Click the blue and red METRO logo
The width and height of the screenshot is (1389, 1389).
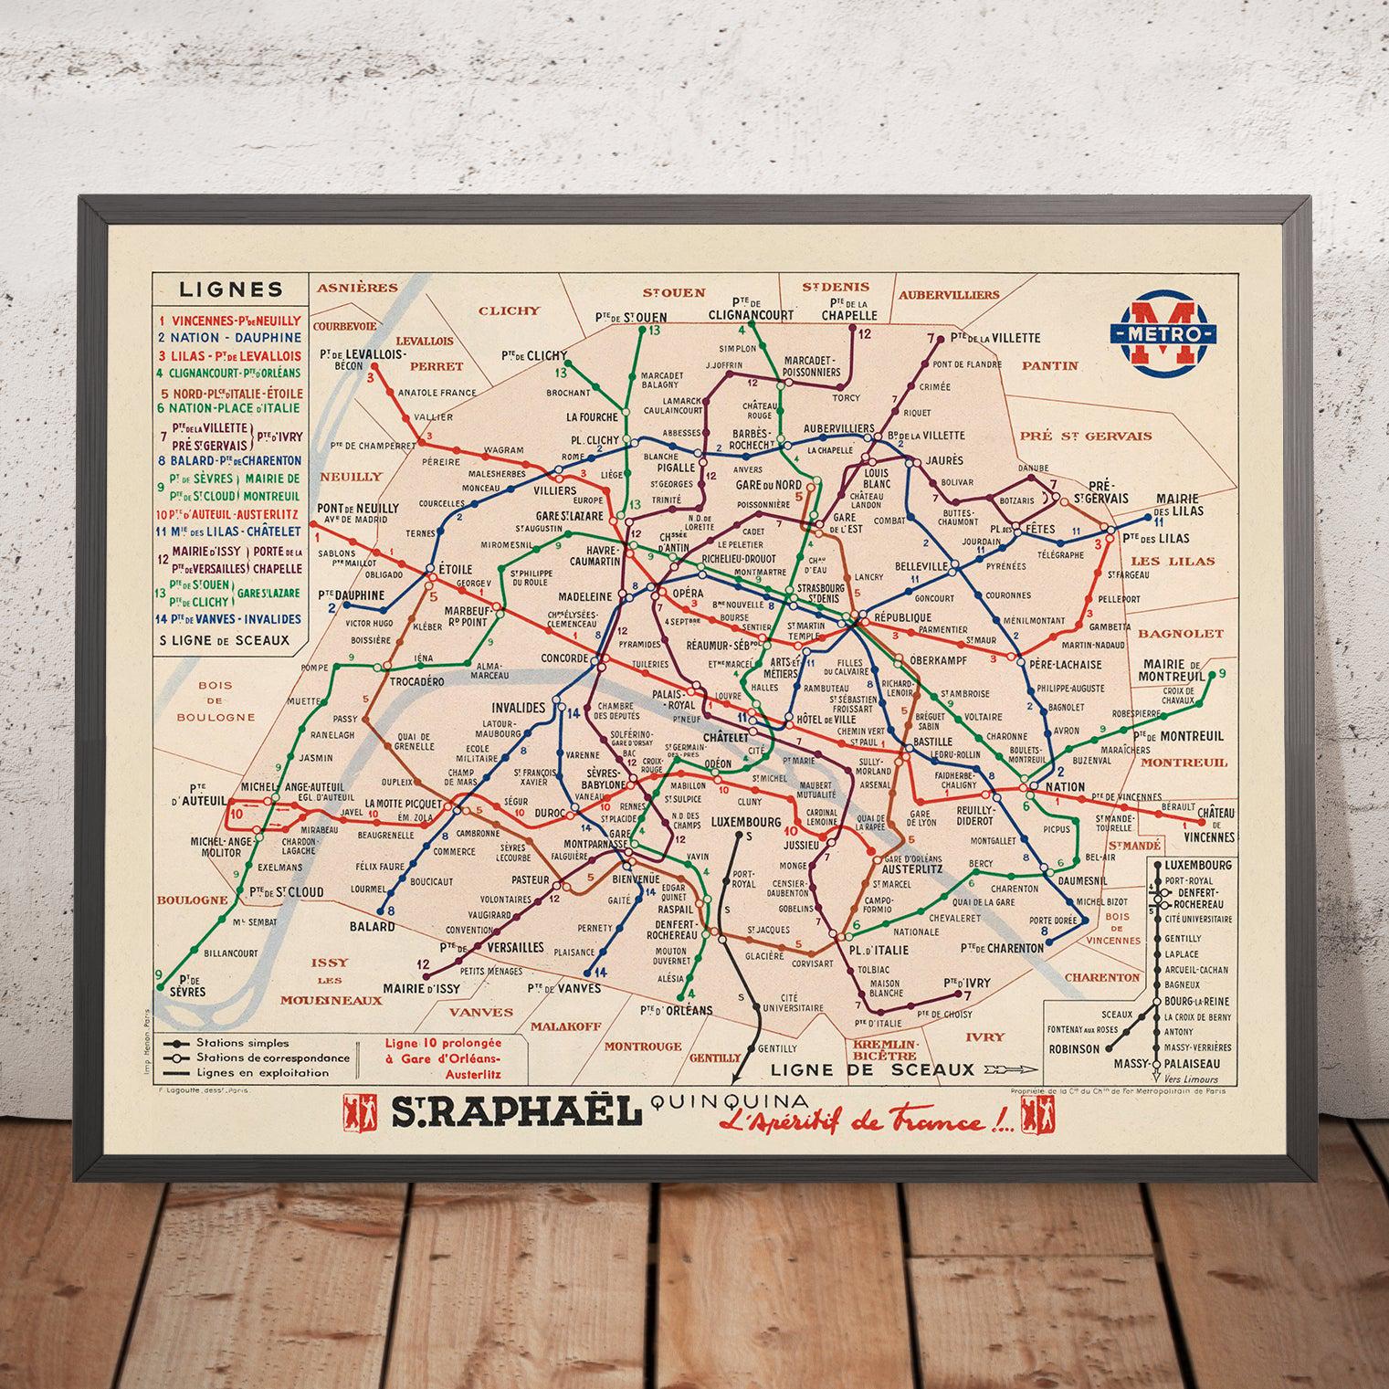[x=1163, y=331]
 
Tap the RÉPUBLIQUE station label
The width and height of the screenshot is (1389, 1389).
[x=902, y=617]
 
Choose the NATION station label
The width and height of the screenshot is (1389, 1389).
[x=1065, y=786]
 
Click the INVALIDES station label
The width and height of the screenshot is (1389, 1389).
[x=518, y=708]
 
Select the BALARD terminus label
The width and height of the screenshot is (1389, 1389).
[x=372, y=926]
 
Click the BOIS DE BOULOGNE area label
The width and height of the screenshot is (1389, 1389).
[x=216, y=700]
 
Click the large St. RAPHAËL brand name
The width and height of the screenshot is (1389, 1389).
[x=511, y=1112]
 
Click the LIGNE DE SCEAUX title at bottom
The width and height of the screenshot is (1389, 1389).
[x=873, y=1069]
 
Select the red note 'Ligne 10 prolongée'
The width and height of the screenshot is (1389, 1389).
[x=443, y=1042]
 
